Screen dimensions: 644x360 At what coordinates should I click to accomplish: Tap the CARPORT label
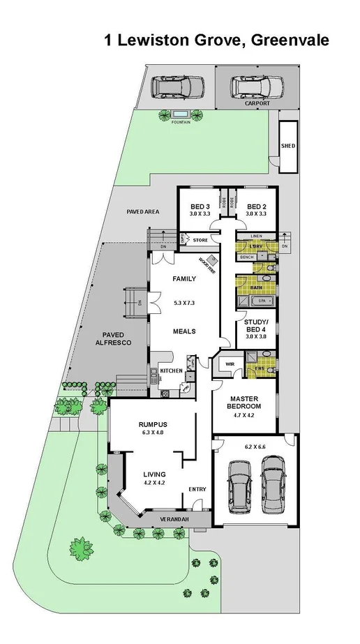[257, 103]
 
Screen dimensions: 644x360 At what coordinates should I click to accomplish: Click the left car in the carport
[179, 87]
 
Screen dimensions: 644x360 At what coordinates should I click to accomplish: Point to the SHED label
[287, 147]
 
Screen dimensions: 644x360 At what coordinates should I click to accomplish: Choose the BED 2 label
[256, 207]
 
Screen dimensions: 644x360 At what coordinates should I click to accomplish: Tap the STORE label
[200, 241]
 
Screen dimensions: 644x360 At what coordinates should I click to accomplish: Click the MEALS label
[184, 331]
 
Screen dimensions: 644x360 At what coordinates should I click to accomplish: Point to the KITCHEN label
[171, 370]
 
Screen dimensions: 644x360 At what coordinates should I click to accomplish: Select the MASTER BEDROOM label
[245, 402]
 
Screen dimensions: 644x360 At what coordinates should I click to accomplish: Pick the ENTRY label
[198, 489]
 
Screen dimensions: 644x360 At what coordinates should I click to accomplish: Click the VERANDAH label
[160, 518]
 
